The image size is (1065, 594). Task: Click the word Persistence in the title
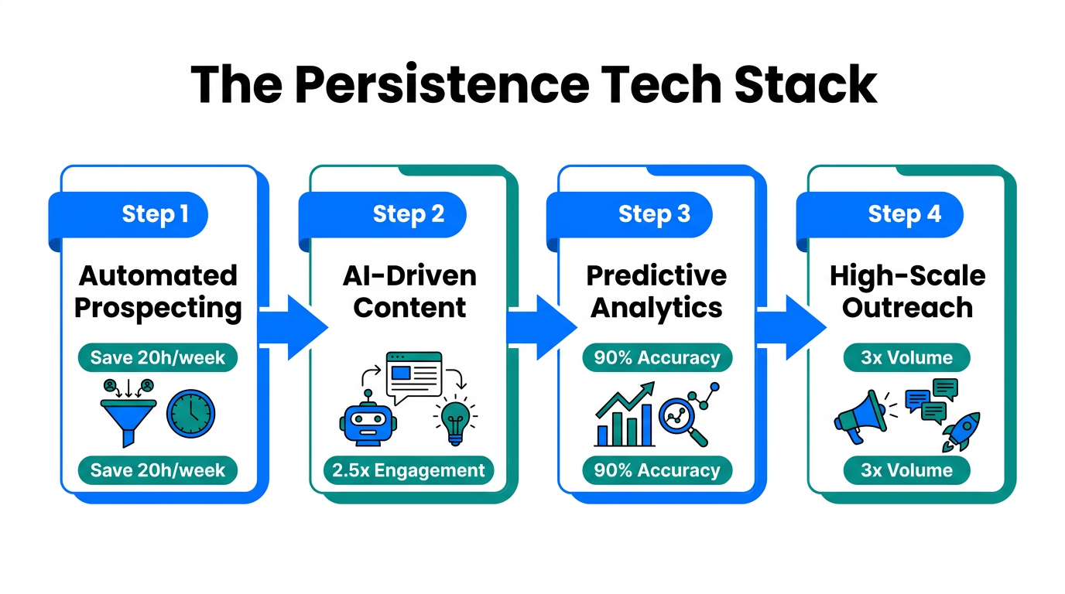point(441,84)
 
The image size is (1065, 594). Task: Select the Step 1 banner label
point(155,214)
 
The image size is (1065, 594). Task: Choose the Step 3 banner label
point(654,214)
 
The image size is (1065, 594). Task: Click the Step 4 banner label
point(904,214)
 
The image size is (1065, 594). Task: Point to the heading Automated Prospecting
point(158,292)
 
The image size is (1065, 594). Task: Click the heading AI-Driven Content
point(409,292)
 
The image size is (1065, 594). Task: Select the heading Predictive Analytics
point(657,292)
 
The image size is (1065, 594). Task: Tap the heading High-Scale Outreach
point(907,292)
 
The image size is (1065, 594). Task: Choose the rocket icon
point(962,431)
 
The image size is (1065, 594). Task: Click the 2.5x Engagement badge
point(408,470)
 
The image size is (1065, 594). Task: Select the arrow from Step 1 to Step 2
point(293,327)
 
